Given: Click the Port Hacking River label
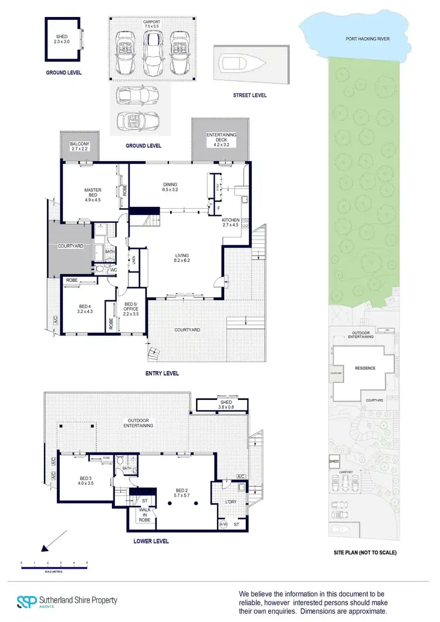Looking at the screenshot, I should (x=368, y=39).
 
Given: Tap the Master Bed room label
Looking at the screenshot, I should (x=93, y=193).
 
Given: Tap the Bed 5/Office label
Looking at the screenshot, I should (x=130, y=308).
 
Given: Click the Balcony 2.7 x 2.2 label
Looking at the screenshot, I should (x=79, y=147).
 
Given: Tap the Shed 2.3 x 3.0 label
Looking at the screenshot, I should (x=62, y=39).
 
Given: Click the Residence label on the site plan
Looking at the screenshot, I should (x=364, y=369).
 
